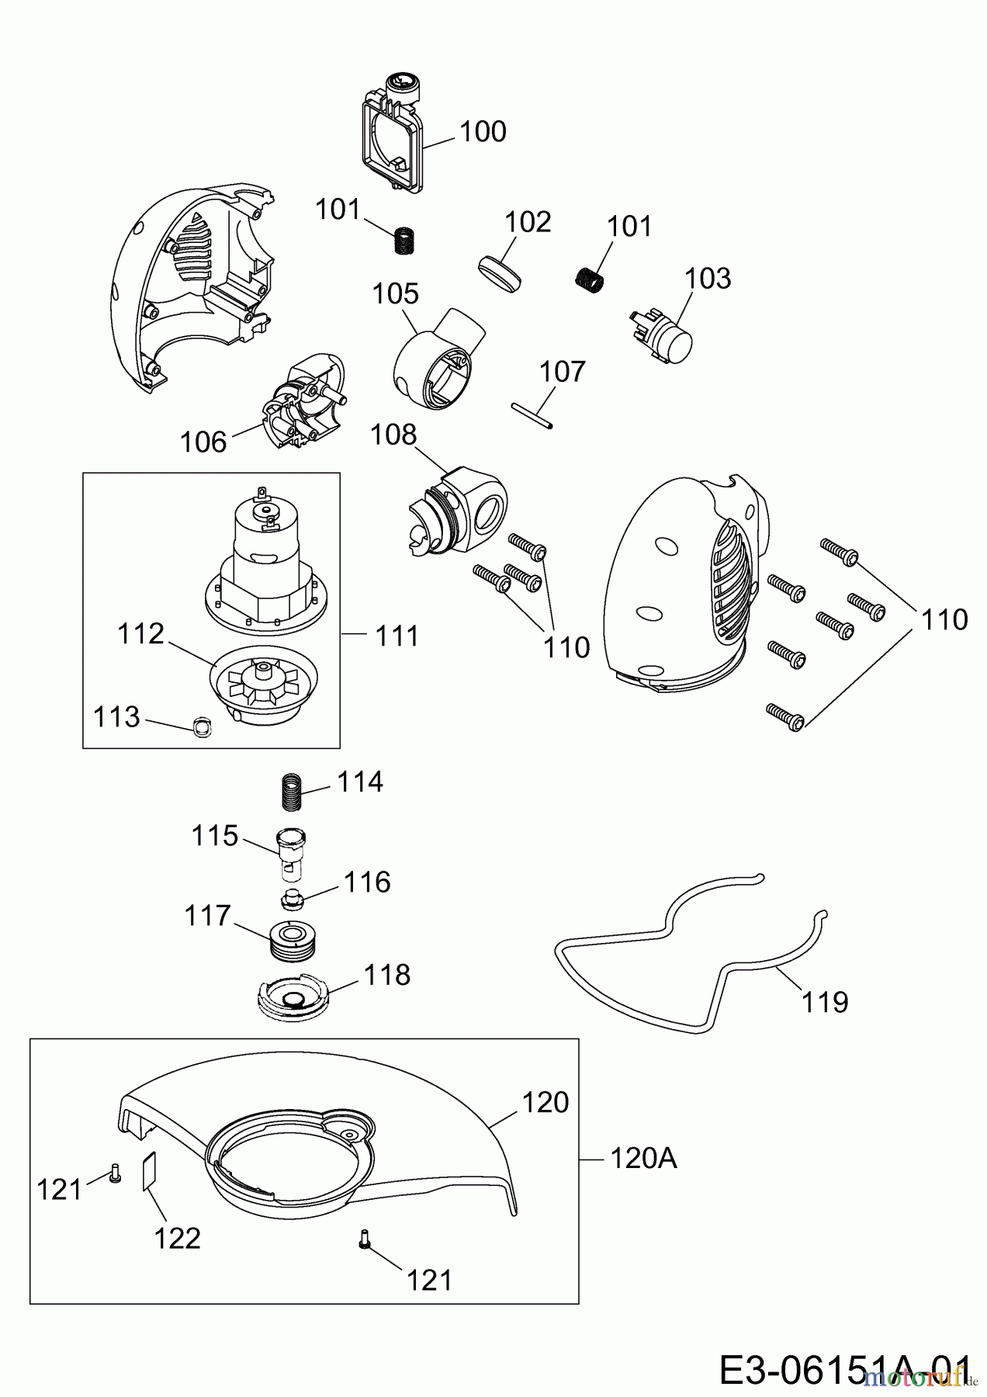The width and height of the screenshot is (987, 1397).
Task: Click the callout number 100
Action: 483,132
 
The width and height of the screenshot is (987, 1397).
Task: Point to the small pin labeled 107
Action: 532,414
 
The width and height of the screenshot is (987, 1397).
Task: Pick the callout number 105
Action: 395,294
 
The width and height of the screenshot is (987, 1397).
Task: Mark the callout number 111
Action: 397,636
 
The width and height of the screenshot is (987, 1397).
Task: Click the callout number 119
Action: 824,1002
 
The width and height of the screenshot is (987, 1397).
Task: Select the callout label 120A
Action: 643,1159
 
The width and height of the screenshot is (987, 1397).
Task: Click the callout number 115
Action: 215,836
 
